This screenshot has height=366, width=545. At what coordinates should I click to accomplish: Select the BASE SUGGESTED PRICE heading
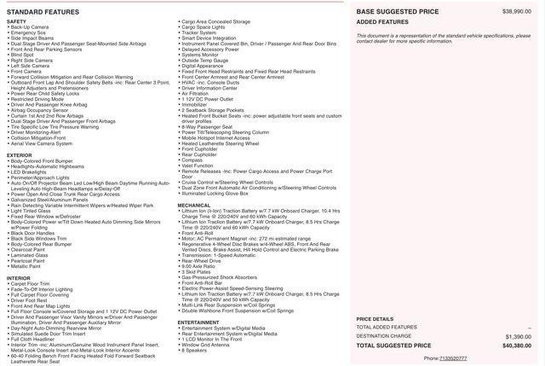pyautogui.click(x=398, y=11)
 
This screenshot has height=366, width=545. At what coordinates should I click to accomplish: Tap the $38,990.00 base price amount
pyautogui.click(x=517, y=11)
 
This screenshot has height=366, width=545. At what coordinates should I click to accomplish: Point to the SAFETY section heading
pyautogui.click(x=17, y=21)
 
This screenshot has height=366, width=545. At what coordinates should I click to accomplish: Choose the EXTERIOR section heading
pyautogui.click(x=20, y=154)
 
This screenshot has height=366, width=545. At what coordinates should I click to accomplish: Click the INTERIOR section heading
pyautogui.click(x=19, y=278)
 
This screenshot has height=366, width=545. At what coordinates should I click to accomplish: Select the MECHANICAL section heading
pyautogui.click(x=194, y=206)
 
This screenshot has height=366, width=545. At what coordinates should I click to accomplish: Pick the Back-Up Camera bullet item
pyautogui.click(x=31, y=27)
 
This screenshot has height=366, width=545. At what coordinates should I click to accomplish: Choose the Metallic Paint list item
pyautogui.click(x=31, y=266)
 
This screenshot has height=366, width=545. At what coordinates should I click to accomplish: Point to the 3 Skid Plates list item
pyautogui.click(x=198, y=271)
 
